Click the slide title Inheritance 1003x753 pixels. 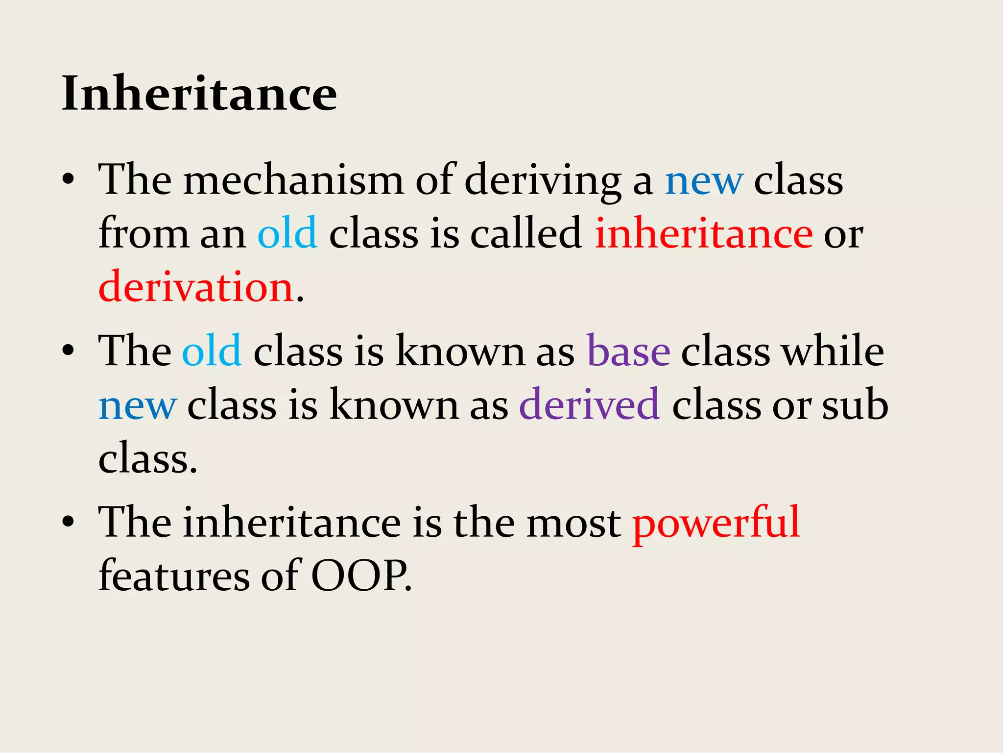click(x=199, y=93)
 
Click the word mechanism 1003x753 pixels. click(x=293, y=180)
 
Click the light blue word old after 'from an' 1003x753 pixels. click(x=287, y=233)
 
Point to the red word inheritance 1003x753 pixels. click(x=704, y=233)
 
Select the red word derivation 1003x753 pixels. click(x=196, y=287)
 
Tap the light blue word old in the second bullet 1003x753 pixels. click(x=212, y=351)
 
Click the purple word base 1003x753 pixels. click(x=628, y=351)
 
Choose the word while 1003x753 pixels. click(x=833, y=351)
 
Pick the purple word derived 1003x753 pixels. click(x=589, y=404)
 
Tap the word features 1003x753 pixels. click(x=174, y=576)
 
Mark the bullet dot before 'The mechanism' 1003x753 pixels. click(x=69, y=179)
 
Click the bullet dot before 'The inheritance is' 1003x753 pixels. click(x=69, y=522)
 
